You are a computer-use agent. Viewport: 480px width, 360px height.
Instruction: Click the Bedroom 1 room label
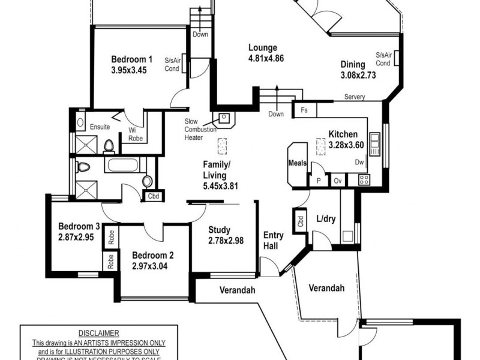[131, 59]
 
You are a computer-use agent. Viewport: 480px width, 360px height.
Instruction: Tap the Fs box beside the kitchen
[304, 110]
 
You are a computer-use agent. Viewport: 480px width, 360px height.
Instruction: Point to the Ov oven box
[337, 179]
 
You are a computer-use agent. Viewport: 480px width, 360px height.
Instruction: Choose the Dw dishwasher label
[359, 162]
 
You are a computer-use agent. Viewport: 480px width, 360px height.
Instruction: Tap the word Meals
[298, 163]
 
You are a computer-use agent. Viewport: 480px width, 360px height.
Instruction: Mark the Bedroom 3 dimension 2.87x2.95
[77, 238]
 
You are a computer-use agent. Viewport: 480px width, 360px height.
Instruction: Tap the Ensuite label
[100, 127]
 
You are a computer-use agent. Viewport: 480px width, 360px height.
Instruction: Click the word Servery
[355, 97]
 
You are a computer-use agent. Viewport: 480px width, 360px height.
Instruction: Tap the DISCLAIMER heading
[98, 333]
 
